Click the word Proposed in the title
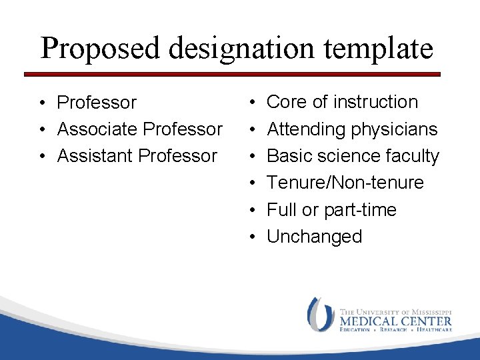[98, 49]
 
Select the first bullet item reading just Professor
[97, 103]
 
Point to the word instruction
[375, 102]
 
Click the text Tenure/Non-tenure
[345, 183]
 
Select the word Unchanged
[315, 237]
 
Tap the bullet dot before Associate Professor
[41, 130]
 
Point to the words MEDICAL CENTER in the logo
[395, 321]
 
